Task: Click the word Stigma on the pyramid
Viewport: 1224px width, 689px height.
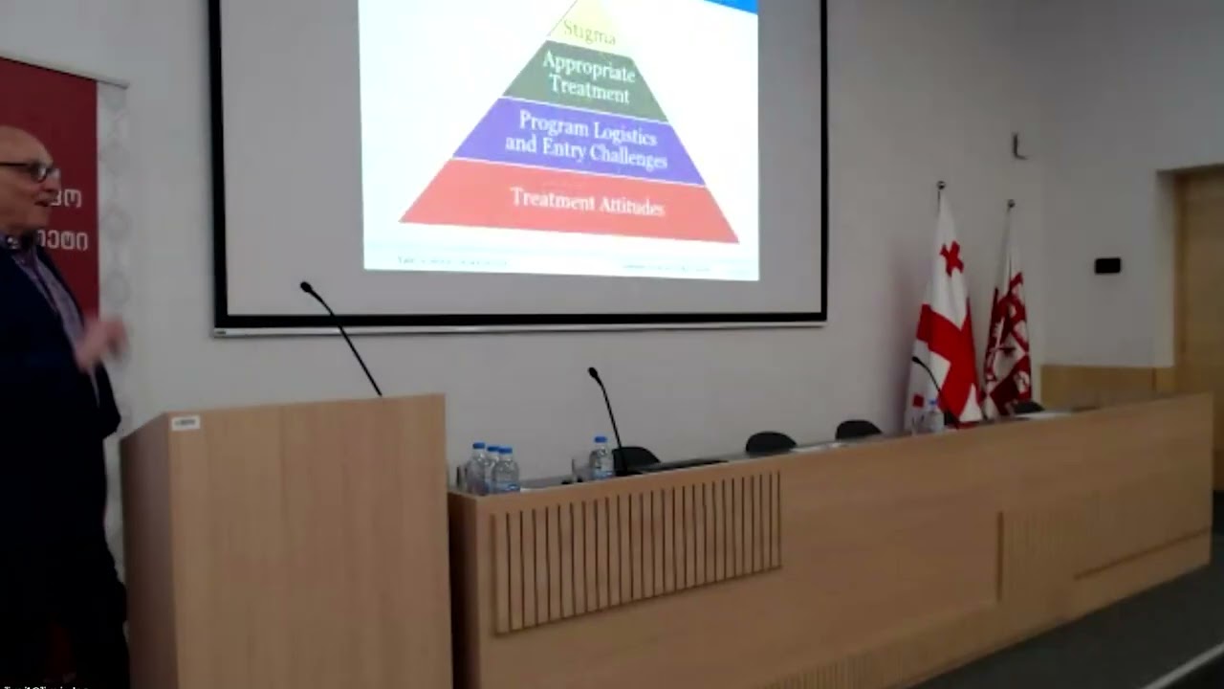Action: click(x=588, y=33)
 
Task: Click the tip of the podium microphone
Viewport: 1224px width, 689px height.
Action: click(x=306, y=286)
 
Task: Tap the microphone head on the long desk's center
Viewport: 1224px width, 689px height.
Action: click(x=593, y=371)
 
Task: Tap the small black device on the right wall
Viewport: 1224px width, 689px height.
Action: click(x=1107, y=265)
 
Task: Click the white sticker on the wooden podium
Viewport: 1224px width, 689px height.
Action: click(x=185, y=422)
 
